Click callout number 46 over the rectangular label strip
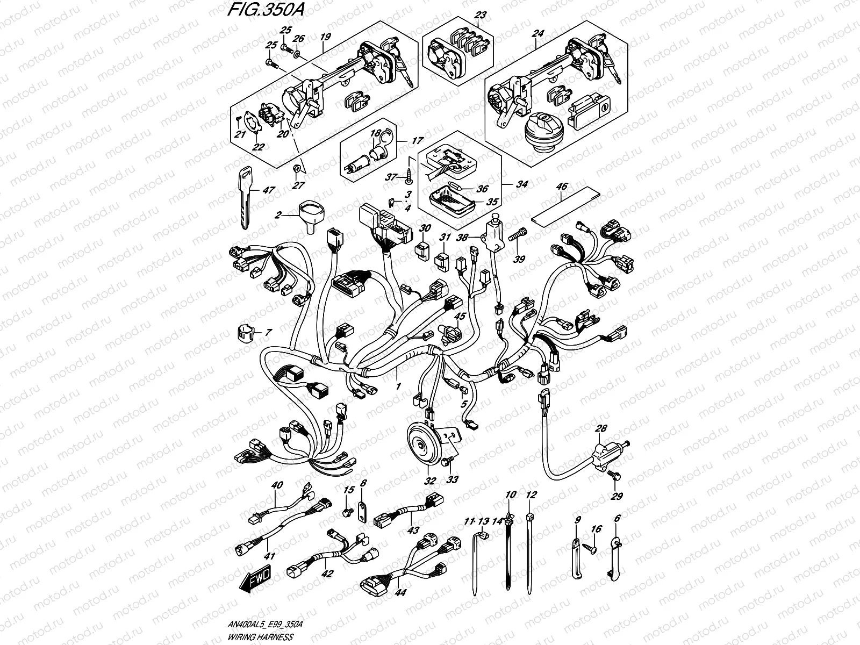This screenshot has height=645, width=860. coord(561,187)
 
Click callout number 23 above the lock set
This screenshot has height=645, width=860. coord(480,15)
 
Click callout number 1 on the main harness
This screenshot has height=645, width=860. coord(398,386)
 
